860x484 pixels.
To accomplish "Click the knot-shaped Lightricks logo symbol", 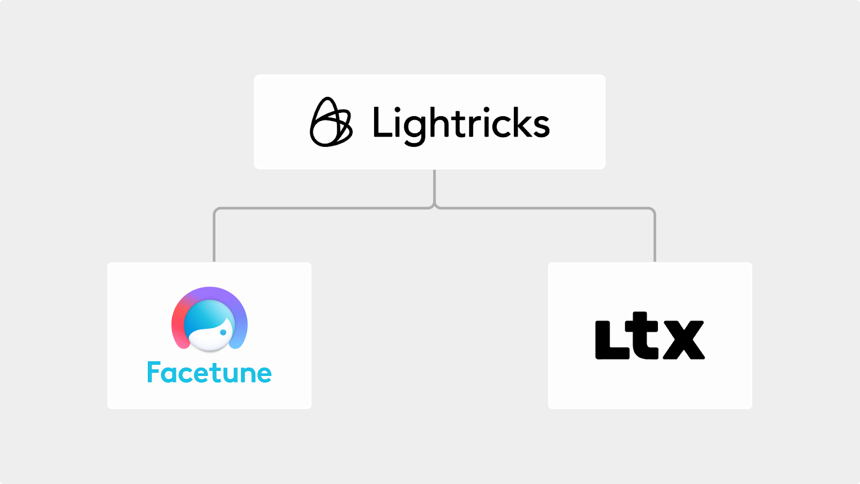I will point(331,123).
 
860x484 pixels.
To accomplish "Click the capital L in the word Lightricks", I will point(382,122).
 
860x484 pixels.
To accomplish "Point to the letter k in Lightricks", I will point(517,122).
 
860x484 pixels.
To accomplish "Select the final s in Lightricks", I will point(540,126).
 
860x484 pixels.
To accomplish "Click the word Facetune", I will point(209,373).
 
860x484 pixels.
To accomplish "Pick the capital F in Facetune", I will point(155,372).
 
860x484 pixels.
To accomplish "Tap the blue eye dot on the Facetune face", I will point(223,332).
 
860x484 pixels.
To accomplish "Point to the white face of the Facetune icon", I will point(210,339).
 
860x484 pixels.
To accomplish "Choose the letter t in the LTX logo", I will point(645,336).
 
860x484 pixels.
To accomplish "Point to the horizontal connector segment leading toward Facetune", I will point(322,208).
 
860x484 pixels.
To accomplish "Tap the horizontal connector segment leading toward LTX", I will point(546,208).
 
